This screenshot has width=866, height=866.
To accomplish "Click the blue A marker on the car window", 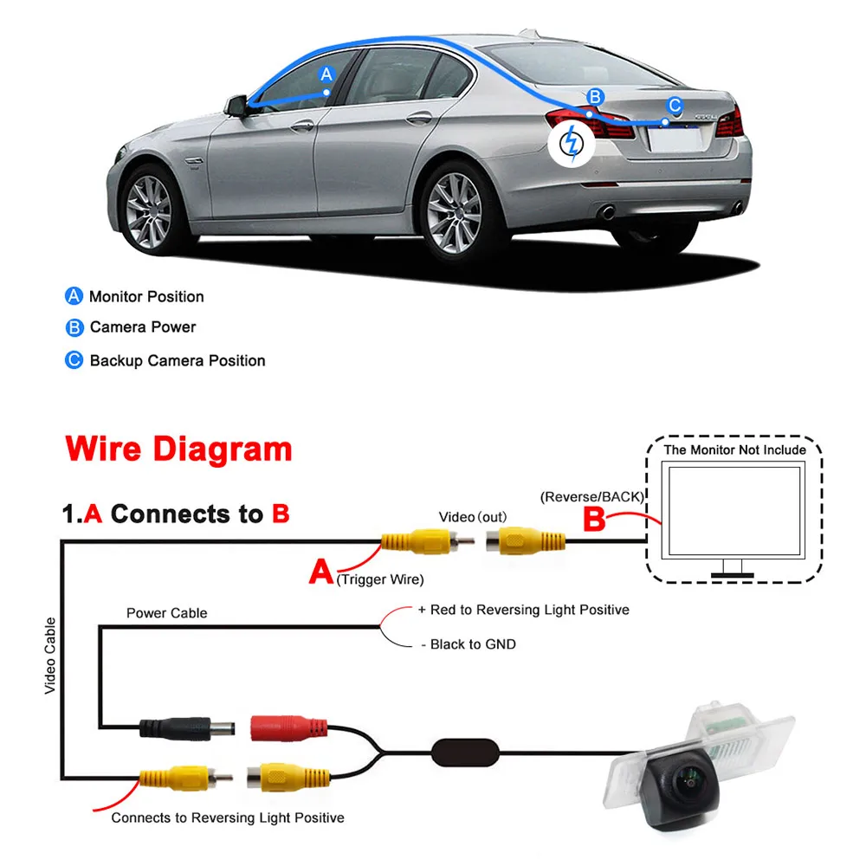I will coord(326,74).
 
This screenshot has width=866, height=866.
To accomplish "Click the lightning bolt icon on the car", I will coord(571,143).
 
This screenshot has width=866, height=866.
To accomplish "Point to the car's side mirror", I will coord(236,106).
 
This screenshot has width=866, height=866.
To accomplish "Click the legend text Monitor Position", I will coord(146,297).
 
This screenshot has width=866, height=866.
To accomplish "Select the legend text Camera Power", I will coord(143,327).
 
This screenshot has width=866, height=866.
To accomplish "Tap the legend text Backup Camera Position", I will coord(178,360).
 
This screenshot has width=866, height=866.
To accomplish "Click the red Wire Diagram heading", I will coord(179,449).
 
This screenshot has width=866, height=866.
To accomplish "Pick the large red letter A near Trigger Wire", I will coord(320,572).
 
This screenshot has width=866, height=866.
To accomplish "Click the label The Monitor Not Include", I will coord(734,449).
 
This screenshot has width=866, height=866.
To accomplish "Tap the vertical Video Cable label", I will coord(50,656).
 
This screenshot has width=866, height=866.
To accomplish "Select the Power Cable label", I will coord(167,613).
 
